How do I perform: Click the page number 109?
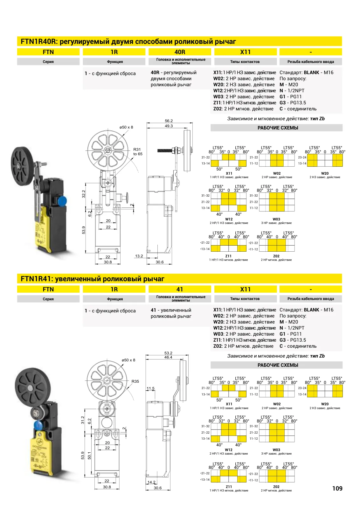[x=337, y=488]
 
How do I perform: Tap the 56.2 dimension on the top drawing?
[x=169, y=121]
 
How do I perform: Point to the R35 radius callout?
[x=135, y=381]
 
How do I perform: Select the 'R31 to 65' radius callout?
[x=138, y=151]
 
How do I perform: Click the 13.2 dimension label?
[x=139, y=256]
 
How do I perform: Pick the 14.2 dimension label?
[x=151, y=482]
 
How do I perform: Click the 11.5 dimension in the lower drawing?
[x=150, y=388]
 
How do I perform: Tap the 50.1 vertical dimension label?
[x=89, y=455]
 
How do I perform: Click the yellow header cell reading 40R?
[x=180, y=52]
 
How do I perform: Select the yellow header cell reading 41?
[x=180, y=289]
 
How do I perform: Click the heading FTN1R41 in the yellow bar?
[x=37, y=279]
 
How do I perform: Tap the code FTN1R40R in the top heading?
[x=38, y=42]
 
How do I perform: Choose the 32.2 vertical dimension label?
[x=84, y=194]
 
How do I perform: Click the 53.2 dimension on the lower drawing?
[x=168, y=353]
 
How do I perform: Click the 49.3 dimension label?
[x=169, y=126]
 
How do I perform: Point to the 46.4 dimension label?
[x=168, y=357]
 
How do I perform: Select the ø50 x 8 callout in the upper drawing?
[x=126, y=127]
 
